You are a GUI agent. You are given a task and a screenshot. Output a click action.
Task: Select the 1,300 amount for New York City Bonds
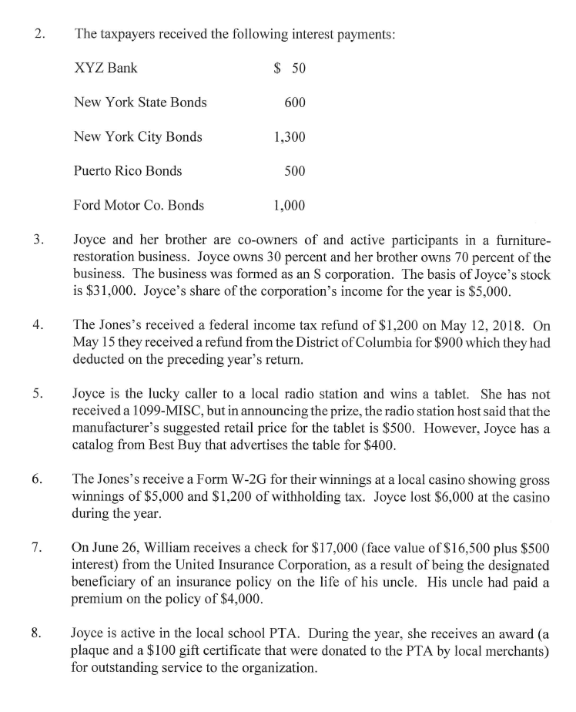tap(290, 137)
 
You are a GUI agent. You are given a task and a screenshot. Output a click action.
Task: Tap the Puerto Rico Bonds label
tap(128, 171)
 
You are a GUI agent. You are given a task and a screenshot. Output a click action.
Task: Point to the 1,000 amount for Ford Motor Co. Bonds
tap(290, 205)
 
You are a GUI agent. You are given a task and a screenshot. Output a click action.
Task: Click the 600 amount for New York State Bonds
tap(295, 102)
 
